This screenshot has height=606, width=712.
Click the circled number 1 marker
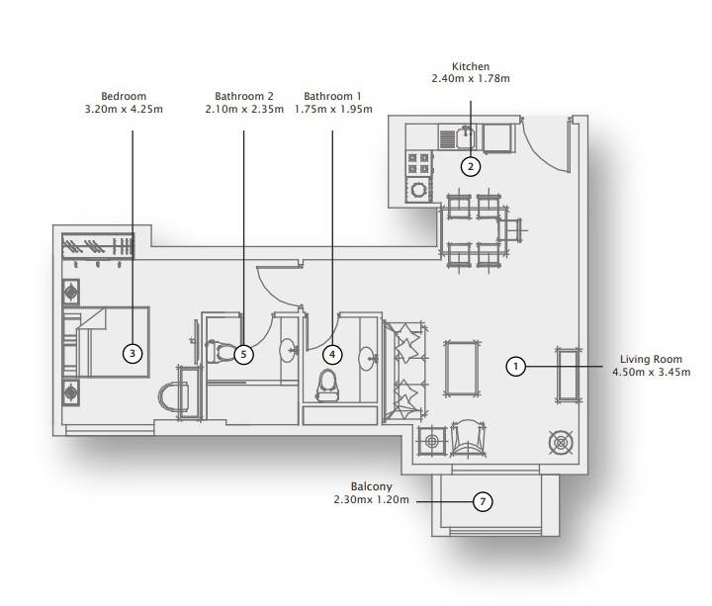pos(515,366)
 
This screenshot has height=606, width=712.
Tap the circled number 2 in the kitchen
pos(471,167)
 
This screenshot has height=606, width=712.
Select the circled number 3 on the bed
pos(133,353)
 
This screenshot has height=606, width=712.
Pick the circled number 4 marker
pos(332,354)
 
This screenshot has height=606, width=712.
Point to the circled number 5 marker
pos(244,354)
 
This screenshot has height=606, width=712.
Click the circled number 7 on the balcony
pos(483,501)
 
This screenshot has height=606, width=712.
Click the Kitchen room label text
pos(471,66)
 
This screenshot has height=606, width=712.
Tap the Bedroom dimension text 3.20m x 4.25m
pos(124,109)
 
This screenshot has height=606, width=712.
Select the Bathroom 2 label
pos(244,96)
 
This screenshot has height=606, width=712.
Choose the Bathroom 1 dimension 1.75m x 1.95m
pos(333,109)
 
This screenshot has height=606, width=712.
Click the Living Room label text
pos(651,359)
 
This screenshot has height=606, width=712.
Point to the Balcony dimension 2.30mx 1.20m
pos(371,500)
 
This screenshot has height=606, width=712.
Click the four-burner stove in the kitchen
pos(418,163)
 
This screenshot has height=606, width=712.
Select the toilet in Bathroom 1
pos(327,386)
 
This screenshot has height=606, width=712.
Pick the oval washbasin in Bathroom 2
pos(287,350)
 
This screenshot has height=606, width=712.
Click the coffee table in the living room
pos(462,368)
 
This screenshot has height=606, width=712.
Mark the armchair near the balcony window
pos(468,438)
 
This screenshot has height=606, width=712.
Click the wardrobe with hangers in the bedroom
pos(98,246)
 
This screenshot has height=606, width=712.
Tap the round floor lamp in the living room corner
pos(562,443)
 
